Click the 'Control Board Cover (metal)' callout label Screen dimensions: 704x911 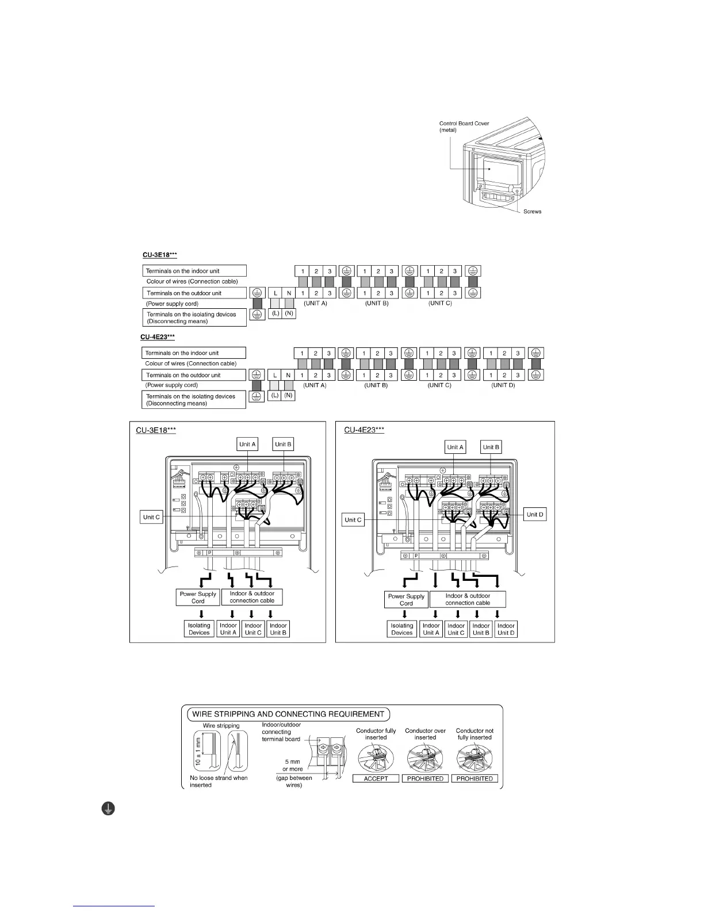(464, 127)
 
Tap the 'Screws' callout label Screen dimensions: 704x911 (532, 212)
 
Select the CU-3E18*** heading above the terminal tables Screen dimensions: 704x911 (159, 255)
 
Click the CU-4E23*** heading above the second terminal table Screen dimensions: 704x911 (158, 337)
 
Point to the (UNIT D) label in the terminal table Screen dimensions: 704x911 (503, 385)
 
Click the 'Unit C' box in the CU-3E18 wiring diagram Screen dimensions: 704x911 (152, 517)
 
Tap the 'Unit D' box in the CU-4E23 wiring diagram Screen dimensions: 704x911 (535, 514)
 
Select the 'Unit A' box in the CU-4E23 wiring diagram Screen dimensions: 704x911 (455, 447)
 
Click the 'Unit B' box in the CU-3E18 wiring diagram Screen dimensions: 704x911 (283, 444)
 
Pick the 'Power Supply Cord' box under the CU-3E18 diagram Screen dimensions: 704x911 (198, 598)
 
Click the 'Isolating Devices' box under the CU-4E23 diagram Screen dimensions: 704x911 (402, 629)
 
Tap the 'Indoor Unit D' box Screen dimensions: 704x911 (506, 629)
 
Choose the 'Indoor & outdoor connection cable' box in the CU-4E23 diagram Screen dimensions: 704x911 (468, 599)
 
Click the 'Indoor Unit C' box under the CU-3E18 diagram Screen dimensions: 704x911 (253, 629)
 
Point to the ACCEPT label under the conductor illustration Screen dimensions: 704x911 (376, 778)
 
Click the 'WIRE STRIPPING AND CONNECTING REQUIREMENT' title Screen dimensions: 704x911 (288, 714)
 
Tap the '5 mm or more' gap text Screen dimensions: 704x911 (292, 765)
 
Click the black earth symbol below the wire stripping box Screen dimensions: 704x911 (108, 809)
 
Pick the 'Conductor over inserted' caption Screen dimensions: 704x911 (426, 734)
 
